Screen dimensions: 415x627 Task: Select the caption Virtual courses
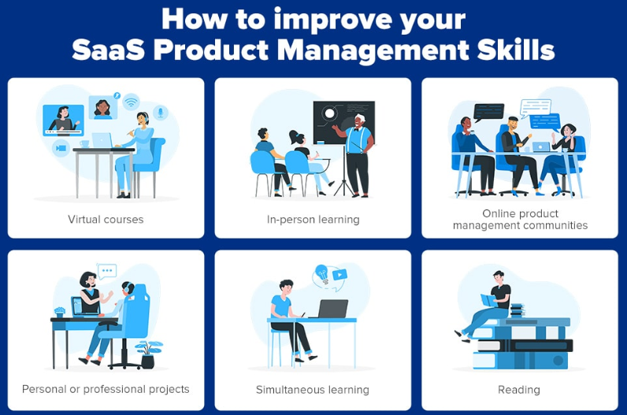pyautogui.click(x=106, y=219)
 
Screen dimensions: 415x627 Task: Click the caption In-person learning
pyautogui.click(x=313, y=219)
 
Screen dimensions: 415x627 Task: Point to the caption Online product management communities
pyautogui.click(x=520, y=219)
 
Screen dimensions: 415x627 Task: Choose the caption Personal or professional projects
pyautogui.click(x=106, y=389)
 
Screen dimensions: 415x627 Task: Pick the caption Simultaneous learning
pyautogui.click(x=313, y=389)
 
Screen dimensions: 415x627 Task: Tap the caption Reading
pyautogui.click(x=519, y=389)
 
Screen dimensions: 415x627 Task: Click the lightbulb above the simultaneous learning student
pyautogui.click(x=321, y=275)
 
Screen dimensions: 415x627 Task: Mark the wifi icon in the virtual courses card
pyautogui.click(x=131, y=101)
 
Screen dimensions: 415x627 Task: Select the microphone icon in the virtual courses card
pyautogui.click(x=161, y=113)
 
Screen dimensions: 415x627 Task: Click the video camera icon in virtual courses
pyautogui.click(x=60, y=147)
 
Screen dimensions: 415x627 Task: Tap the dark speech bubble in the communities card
pyautogui.click(x=488, y=111)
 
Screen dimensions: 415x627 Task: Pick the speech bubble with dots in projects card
pyautogui.click(x=106, y=272)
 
